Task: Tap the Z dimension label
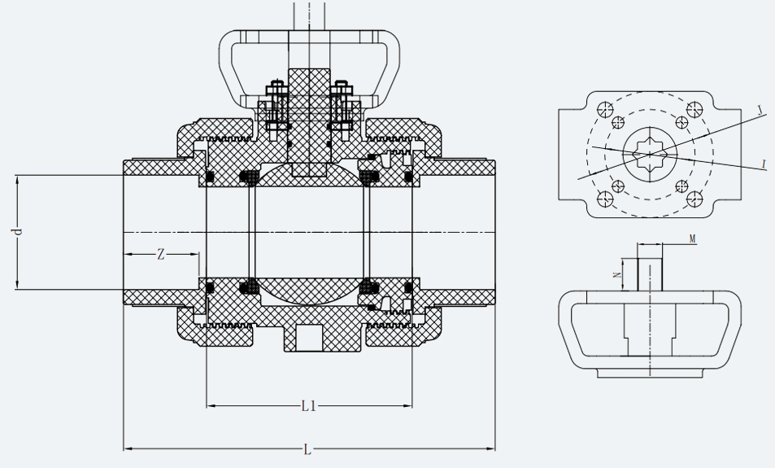[160, 254]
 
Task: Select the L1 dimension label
[308, 405]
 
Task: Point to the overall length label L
[307, 448]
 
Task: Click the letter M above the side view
[692, 238]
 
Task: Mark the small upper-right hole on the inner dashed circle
[681, 122]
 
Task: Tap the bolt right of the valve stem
[342, 106]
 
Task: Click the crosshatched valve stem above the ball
[309, 122]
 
